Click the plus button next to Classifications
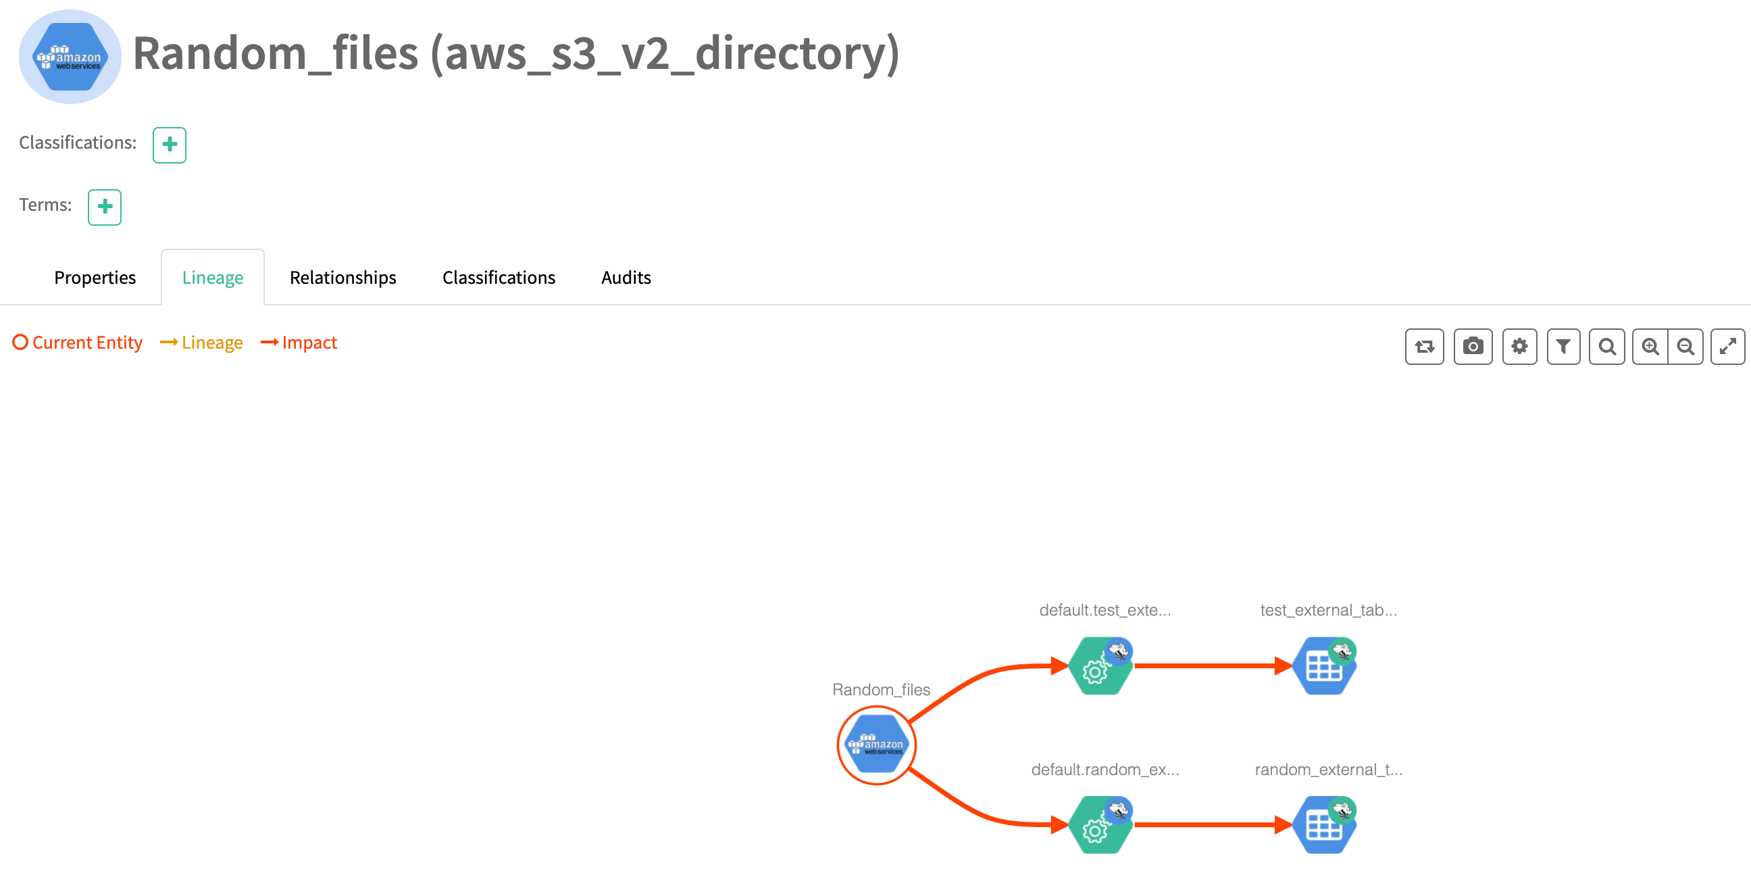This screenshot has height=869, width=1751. point(170,145)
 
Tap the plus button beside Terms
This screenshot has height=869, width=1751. point(105,207)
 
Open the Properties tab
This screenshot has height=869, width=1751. point(95,278)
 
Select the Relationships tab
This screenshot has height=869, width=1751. point(342,278)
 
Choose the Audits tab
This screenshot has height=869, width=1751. point(626,278)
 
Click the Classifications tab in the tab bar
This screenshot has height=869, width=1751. point(499,278)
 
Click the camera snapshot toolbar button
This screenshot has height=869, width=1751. point(1472,347)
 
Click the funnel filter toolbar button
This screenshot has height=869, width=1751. point(1563,347)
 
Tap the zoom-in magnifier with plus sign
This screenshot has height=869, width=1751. point(1650,347)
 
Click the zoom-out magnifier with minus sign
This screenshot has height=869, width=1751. point(1685,347)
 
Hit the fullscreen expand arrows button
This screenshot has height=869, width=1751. point(1727,347)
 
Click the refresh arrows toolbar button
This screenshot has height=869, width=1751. point(1424,347)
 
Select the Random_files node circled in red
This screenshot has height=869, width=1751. point(876,745)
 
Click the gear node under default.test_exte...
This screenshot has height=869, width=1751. point(1099,666)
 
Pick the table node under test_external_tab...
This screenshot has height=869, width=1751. point(1323,666)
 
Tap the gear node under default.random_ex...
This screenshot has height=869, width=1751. point(1099,825)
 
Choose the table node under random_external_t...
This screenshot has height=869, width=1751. point(1323,825)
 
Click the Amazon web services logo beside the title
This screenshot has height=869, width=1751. point(70,57)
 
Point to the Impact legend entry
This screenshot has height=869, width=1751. point(300,343)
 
